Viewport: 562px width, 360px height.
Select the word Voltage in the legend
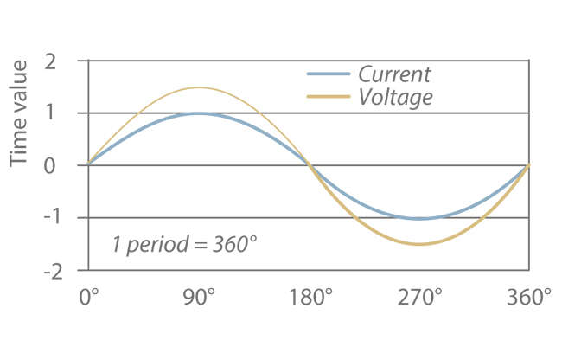tap(395, 97)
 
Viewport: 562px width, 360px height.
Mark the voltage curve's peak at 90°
tap(199, 87)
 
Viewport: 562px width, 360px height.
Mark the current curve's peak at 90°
tap(199, 113)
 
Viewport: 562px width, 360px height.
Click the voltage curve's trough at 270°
tap(420, 244)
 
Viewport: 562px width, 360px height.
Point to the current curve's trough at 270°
tap(420, 218)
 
